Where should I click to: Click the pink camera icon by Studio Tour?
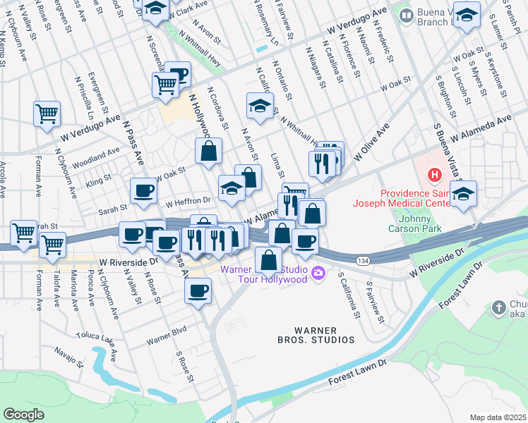(319, 273)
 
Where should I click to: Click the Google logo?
(23, 415)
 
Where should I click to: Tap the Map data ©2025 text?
(498, 417)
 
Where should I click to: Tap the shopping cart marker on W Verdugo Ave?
(47, 113)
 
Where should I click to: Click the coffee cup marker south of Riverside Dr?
(198, 290)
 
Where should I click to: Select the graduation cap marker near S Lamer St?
(467, 15)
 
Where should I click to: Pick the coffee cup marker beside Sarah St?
(143, 190)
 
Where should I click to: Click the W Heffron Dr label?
(188, 202)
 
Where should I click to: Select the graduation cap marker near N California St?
(260, 106)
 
